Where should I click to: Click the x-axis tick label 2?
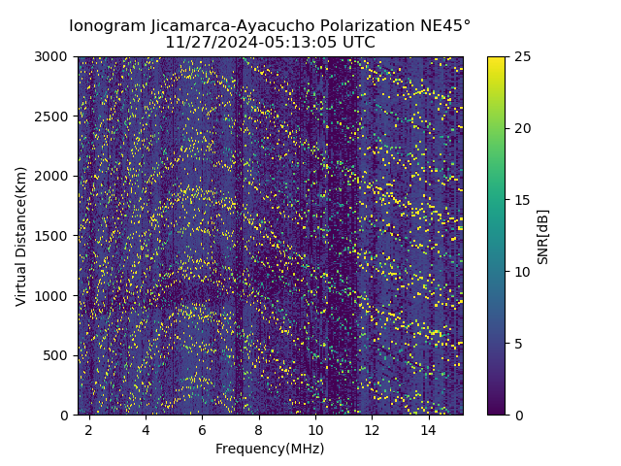coord(89,429)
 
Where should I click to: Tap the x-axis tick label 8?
coord(259,429)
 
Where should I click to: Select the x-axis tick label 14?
coord(429,429)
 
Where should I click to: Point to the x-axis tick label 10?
coord(315,429)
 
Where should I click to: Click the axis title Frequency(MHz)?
coord(270,449)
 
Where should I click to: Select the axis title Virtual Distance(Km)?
coord(20,236)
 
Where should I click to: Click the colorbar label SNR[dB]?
coord(543,236)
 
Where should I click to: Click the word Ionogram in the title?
coord(107,25)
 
